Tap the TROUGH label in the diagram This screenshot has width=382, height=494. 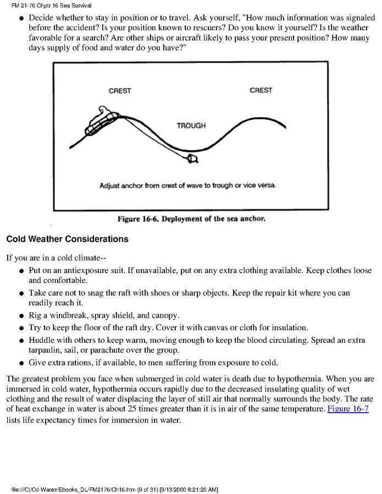(191, 126)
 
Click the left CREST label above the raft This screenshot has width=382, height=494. (120, 91)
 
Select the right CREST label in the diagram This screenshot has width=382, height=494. (261, 90)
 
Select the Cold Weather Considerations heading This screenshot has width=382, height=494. (67, 239)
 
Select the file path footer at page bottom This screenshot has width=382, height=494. (115, 489)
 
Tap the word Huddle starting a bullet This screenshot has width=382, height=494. (41, 340)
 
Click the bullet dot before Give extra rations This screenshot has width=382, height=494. (20, 363)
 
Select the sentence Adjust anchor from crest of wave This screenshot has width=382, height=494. (187, 185)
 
